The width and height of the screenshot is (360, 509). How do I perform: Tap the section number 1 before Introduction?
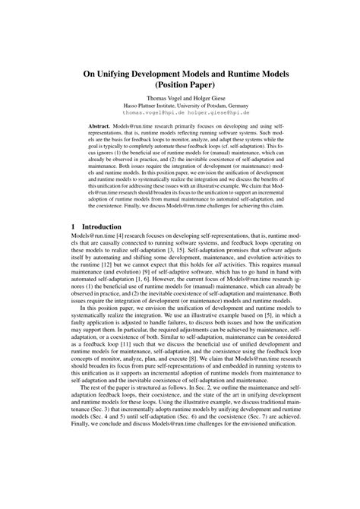point(71,226)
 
